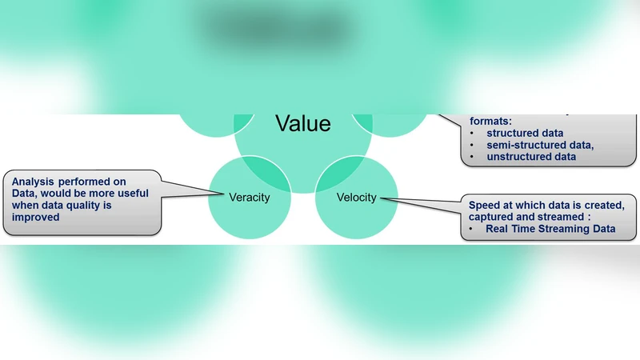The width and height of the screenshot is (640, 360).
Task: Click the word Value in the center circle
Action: click(x=302, y=123)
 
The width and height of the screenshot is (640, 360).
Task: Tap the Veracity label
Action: click(x=249, y=198)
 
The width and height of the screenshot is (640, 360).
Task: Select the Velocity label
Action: click(x=356, y=198)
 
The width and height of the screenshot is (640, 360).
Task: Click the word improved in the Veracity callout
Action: click(x=36, y=216)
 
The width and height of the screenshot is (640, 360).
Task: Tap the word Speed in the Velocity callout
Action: click(x=485, y=205)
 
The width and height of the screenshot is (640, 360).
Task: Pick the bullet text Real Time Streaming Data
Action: click(x=550, y=229)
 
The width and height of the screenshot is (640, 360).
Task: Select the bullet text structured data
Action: click(x=525, y=133)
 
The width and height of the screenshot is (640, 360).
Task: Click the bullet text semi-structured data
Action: click(x=540, y=145)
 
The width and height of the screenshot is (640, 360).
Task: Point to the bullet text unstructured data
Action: click(x=531, y=157)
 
